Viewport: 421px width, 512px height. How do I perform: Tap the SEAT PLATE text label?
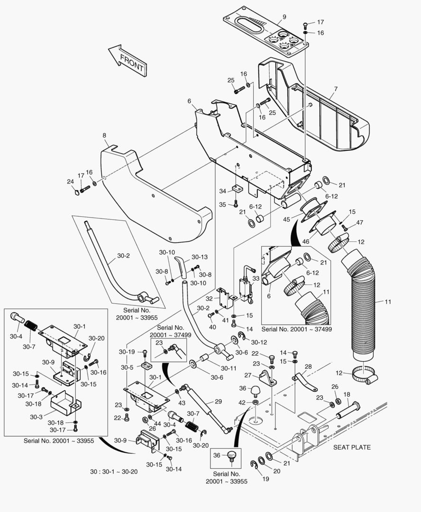click(352, 447)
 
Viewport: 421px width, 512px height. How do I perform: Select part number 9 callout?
click(284, 17)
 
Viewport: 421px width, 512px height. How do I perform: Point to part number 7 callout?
click(335, 89)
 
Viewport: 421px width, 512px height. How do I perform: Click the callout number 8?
click(104, 135)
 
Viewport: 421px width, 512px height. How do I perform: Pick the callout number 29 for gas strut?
click(218, 401)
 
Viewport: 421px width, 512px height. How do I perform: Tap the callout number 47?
click(360, 222)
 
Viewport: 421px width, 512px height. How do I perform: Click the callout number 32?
click(209, 299)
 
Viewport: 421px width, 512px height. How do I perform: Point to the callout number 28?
click(308, 366)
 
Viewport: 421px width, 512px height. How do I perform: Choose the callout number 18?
click(347, 394)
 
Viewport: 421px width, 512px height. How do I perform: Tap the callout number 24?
click(70, 182)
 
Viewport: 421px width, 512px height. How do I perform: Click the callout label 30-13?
click(200, 257)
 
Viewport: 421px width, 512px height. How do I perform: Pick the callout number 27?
click(247, 375)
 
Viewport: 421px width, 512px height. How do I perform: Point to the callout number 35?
click(222, 204)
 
